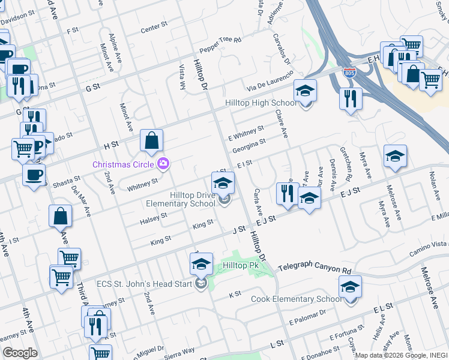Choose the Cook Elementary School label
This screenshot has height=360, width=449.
(x=296, y=299)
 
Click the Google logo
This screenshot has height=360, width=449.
(x=20, y=352)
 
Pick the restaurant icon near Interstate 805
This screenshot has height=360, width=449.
(x=350, y=98)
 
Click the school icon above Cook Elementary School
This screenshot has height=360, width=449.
(x=350, y=286)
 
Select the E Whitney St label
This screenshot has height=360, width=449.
(x=246, y=131)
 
